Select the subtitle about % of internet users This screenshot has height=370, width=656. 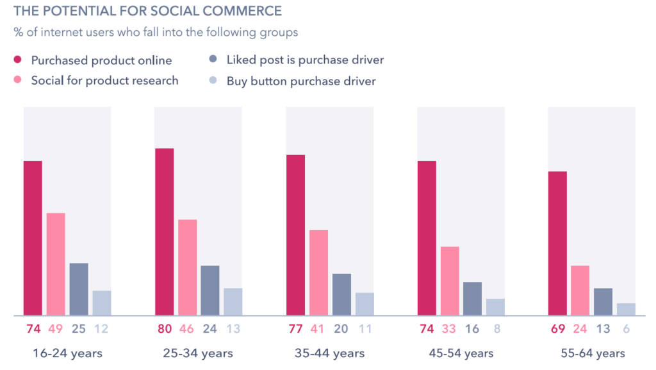coord(155,32)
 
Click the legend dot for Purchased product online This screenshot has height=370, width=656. coord(19,60)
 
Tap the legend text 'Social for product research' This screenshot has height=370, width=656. coord(104,80)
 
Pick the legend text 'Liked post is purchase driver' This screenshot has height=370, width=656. coord(305,60)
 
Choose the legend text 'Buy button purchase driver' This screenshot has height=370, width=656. coord(301,81)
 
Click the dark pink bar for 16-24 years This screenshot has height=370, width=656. coord(33,238)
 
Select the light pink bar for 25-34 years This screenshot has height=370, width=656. coord(187,267)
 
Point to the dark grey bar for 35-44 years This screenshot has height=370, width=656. coord(341,294)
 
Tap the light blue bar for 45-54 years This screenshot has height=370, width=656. coord(495,307)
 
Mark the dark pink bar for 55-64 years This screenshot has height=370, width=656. coord(557,243)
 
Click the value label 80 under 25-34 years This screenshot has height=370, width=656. coord(164,330)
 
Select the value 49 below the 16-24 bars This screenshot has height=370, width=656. coord(56,330)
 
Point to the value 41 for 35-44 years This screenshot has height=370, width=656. coord(318,330)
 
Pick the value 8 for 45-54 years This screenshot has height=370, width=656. coord(496,330)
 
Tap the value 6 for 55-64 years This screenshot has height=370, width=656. coord(627,330)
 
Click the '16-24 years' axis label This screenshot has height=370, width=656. coord(67,353)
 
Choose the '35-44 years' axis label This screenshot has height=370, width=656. coord(330,353)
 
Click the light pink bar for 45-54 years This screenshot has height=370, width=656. coord(450,281)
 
